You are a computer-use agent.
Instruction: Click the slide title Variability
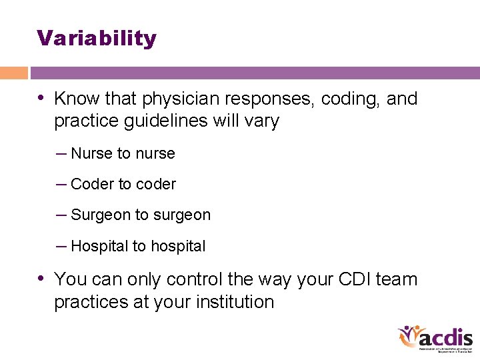[97, 38]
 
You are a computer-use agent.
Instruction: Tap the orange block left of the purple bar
[14, 73]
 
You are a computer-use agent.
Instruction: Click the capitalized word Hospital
[99, 246]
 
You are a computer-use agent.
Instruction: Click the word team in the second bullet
[397, 279]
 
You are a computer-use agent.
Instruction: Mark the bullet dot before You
[42, 279]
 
